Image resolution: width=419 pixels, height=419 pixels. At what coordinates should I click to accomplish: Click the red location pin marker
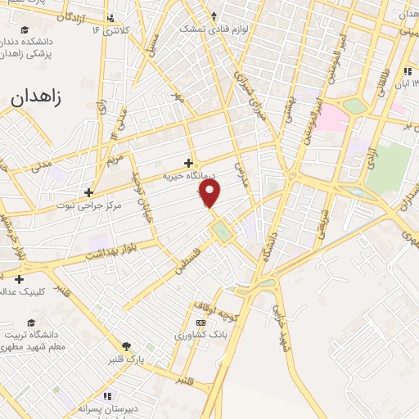point(211,193)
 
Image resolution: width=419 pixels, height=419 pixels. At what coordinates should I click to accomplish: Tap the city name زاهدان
point(37,98)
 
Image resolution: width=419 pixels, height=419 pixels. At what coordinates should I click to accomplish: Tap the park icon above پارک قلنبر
point(127,346)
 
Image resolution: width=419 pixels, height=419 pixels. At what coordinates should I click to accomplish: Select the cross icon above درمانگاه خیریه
point(190,163)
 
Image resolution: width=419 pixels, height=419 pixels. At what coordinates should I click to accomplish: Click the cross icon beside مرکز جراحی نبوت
point(88,193)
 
